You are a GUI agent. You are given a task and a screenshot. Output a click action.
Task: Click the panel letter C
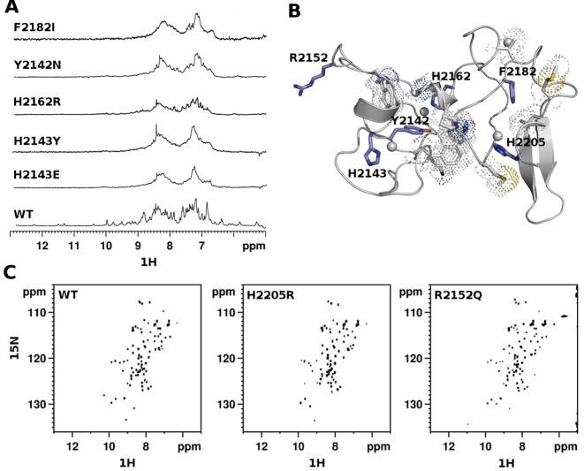pyautogui.click(x=10, y=273)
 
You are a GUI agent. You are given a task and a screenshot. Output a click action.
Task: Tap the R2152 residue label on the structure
pyautogui.click(x=307, y=58)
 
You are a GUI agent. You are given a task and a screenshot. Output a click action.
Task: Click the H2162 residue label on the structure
pyautogui.click(x=451, y=78)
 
